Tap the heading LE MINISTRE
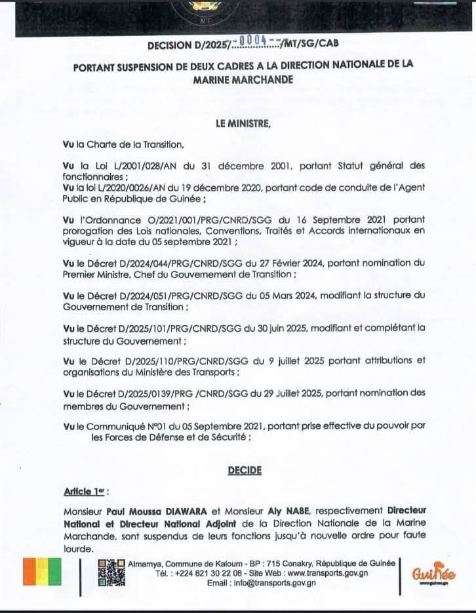[x=242, y=123]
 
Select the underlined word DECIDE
[x=244, y=469]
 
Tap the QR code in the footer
[x=111, y=572]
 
